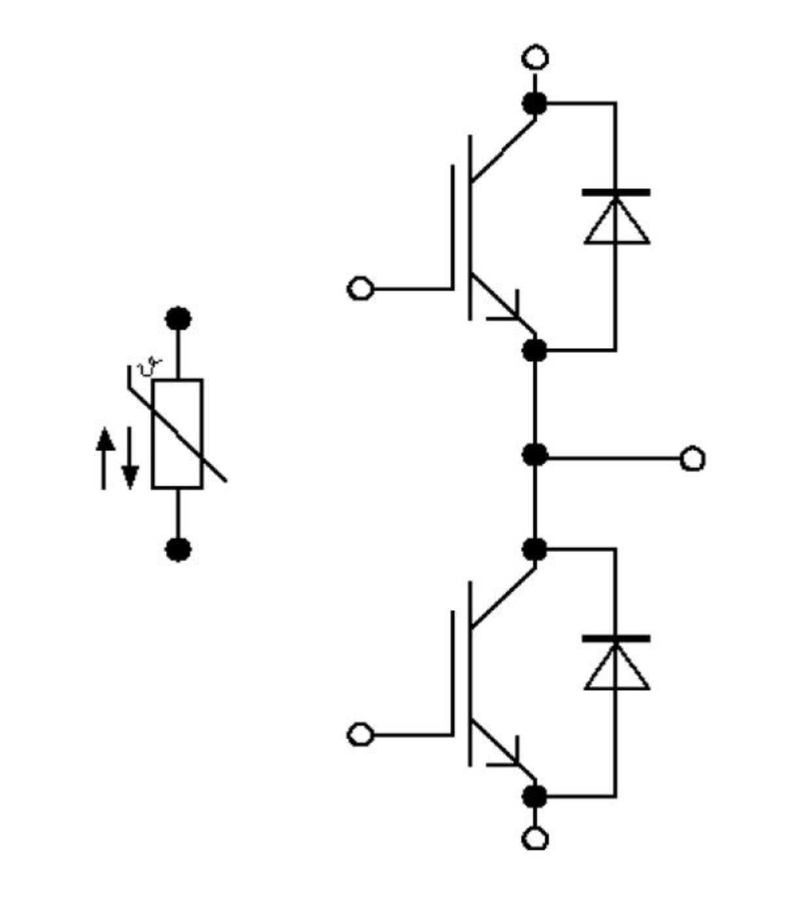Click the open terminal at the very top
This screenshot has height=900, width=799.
pos(535,58)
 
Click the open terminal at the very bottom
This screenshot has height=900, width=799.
pos(535,839)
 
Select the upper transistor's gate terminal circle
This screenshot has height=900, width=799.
pos(360,288)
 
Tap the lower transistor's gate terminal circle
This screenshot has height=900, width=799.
pos(360,734)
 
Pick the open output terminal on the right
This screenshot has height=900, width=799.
pos(692,459)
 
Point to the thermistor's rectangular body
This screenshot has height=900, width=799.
pos(177,434)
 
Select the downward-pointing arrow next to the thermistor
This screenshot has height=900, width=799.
pos(130,459)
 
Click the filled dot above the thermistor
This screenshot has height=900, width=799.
pos(178,319)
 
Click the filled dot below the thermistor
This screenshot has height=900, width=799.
pos(178,549)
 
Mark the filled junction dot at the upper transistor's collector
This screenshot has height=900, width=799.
pos(535,103)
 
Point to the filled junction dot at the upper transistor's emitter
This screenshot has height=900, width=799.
pos(535,350)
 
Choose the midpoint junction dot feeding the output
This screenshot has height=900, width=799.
pos(535,454)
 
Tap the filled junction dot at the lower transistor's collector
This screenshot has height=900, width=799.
pos(535,549)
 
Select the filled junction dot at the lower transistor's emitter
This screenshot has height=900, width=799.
pos(535,797)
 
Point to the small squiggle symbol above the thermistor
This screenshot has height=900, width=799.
pos(149,367)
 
